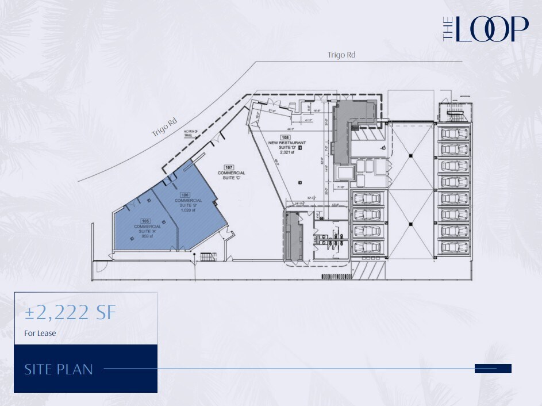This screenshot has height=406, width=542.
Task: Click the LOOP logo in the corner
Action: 486,29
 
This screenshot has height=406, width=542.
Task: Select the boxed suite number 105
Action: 145,220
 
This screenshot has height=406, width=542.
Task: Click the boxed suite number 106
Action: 185,194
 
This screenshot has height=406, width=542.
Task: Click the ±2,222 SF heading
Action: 70,313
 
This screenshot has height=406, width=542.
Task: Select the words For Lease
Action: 40,332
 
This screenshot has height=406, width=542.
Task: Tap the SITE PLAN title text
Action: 59,369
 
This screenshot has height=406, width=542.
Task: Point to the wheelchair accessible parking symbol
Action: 383,148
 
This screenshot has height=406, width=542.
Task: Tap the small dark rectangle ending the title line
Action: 493,369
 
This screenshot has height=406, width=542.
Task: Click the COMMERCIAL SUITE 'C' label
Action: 232,175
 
